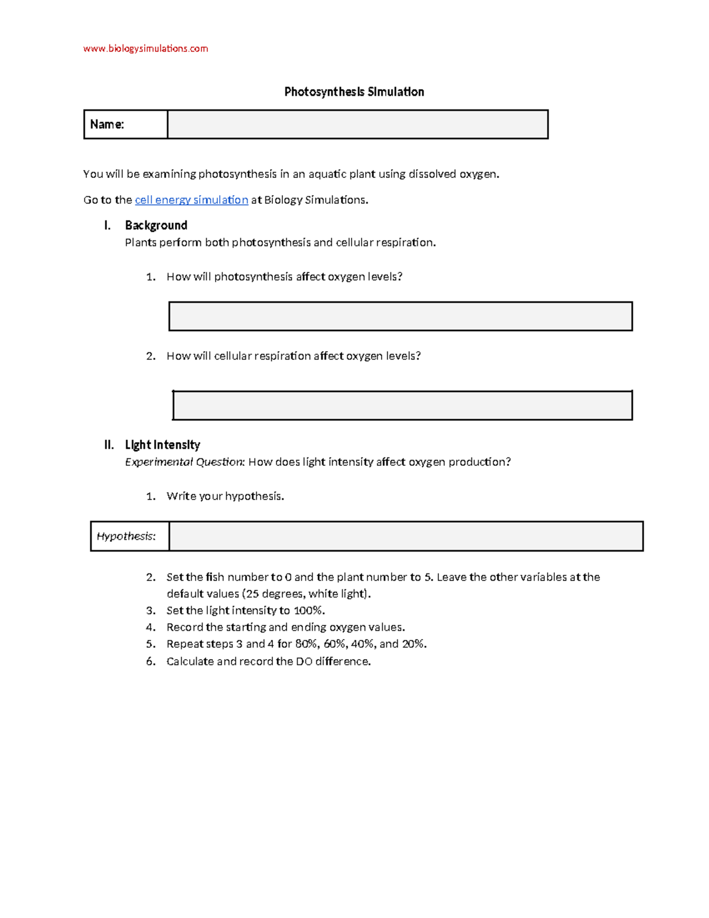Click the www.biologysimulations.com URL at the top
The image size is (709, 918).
point(145,48)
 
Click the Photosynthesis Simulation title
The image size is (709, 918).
point(354,92)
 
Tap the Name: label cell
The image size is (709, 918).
point(125,124)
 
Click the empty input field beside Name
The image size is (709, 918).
point(357,124)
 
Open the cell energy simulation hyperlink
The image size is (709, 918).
point(191,200)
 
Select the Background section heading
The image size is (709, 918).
point(156,225)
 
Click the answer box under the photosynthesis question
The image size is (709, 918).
point(401,316)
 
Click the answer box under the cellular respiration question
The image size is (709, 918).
point(402,406)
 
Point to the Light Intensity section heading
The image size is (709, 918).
point(162,445)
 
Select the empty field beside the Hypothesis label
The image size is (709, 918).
point(406,536)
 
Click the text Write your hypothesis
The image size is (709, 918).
point(225,496)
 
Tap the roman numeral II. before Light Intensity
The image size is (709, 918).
point(109,445)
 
